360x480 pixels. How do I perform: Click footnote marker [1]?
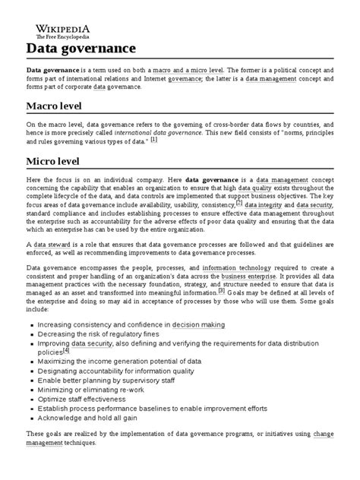153,140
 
